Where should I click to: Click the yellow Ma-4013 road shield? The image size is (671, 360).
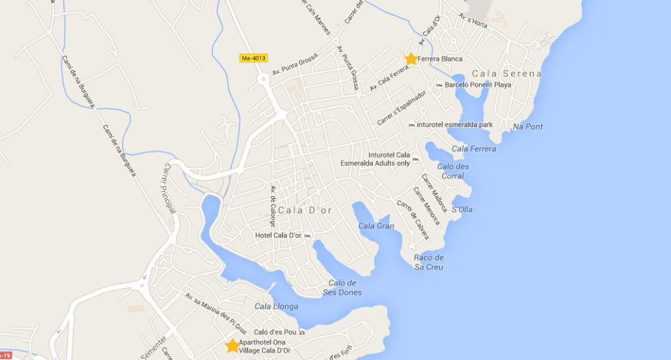click(x=253, y=58)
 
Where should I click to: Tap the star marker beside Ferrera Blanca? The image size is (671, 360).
click(x=411, y=59)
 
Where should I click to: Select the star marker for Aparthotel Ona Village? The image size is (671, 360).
click(x=232, y=346)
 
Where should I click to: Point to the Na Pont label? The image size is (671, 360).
click(x=528, y=127)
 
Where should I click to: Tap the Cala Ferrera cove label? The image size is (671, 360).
click(x=474, y=149)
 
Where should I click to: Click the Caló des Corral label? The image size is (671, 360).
click(x=453, y=171)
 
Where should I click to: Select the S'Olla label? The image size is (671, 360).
click(x=462, y=210)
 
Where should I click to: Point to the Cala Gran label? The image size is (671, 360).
click(x=376, y=226)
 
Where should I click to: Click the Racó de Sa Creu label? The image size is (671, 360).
click(x=429, y=262)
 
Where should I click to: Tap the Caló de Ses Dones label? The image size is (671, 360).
click(x=342, y=288)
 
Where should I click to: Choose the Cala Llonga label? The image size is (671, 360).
click(x=276, y=306)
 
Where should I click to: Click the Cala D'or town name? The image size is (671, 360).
click(x=305, y=210)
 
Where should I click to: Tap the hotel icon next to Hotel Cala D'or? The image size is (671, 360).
click(x=307, y=236)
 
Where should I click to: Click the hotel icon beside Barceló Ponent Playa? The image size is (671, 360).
click(x=439, y=85)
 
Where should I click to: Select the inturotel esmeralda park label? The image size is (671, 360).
click(x=454, y=125)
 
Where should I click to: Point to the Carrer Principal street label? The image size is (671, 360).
click(x=168, y=189)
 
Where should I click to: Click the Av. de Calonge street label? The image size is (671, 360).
click(x=273, y=206)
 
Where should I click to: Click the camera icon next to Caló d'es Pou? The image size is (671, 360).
click(x=301, y=332)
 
